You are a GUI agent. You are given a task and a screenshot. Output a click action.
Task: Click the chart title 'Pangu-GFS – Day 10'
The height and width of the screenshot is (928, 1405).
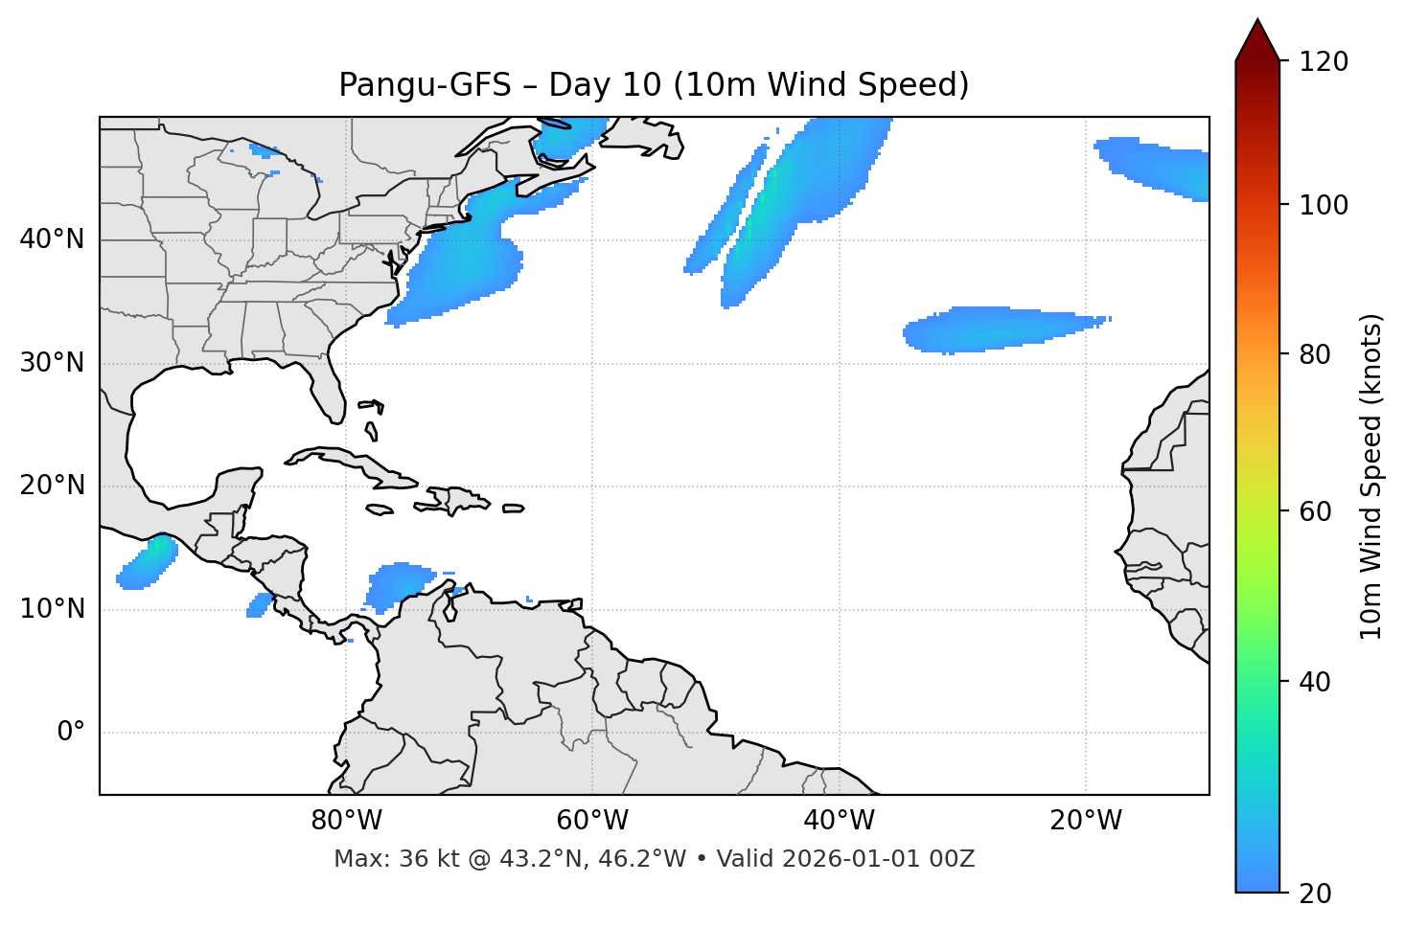(654, 85)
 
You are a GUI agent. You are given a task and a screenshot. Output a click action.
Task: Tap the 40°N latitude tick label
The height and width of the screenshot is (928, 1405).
(52, 239)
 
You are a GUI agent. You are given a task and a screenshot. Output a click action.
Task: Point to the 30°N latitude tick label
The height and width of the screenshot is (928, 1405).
(52, 363)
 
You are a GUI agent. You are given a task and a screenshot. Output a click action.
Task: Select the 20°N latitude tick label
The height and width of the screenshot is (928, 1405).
(52, 486)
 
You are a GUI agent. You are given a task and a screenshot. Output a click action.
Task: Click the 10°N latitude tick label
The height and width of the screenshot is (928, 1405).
(52, 609)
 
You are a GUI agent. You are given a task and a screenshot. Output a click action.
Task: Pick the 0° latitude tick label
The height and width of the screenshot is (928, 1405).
(71, 733)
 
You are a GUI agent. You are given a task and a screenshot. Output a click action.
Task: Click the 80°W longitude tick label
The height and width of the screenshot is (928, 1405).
(346, 821)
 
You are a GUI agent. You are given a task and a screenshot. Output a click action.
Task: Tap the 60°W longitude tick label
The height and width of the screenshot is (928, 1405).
(592, 821)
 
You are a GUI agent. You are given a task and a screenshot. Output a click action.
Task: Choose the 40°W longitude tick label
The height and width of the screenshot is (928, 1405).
(839, 821)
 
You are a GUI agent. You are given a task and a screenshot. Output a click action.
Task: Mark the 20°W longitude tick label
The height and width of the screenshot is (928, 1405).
(1085, 821)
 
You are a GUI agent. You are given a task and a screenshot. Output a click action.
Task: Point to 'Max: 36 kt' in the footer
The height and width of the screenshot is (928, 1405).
(379, 859)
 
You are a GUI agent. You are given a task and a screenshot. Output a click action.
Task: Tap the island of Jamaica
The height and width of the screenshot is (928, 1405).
(380, 509)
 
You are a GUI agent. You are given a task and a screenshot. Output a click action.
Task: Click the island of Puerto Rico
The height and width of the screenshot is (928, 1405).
(514, 509)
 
